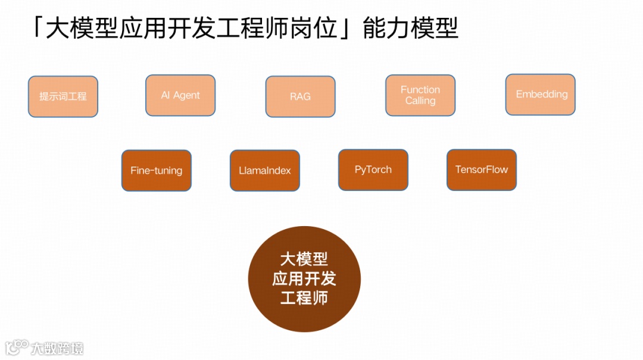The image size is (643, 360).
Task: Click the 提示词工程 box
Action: click(x=63, y=96)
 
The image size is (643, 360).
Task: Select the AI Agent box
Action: click(x=180, y=95)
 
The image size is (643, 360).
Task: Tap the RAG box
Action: click(x=300, y=96)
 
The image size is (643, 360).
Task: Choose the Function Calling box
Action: click(x=420, y=95)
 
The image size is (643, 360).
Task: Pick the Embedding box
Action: click(x=541, y=95)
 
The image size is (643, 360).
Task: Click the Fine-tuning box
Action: click(x=157, y=170)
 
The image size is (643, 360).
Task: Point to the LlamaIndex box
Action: click(x=265, y=170)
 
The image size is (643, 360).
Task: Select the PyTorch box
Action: click(x=373, y=170)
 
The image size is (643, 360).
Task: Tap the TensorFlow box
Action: click(x=482, y=170)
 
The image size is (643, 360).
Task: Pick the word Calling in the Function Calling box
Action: click(x=420, y=101)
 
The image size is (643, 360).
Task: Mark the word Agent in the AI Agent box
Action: click(x=187, y=95)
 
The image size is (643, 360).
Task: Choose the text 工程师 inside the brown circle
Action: click(x=304, y=298)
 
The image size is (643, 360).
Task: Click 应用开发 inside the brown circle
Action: click(x=304, y=278)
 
